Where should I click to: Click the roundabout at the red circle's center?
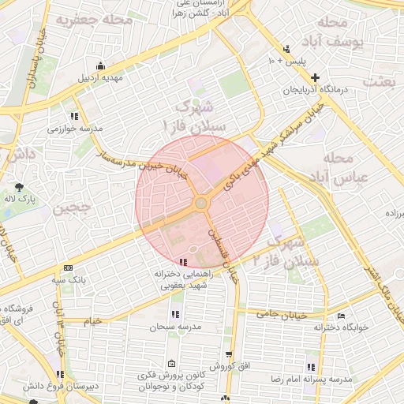[x=202, y=204]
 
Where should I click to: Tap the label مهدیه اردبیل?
[x=99, y=78]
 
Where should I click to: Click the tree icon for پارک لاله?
[x=18, y=187]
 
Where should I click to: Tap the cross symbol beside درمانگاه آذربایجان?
[x=316, y=77]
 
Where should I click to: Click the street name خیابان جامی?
[x=279, y=314]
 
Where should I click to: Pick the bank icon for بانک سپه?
[x=67, y=267]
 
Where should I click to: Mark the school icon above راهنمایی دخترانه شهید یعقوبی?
[x=183, y=261]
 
